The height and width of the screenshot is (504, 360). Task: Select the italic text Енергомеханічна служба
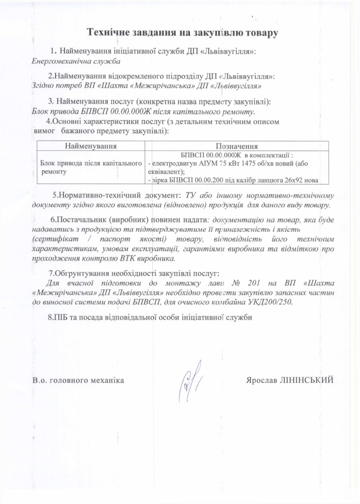tap(76, 61)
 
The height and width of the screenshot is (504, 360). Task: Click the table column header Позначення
tap(238, 146)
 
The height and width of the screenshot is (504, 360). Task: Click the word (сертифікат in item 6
tap(51, 239)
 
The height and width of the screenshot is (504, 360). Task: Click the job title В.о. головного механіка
tap(78, 380)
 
